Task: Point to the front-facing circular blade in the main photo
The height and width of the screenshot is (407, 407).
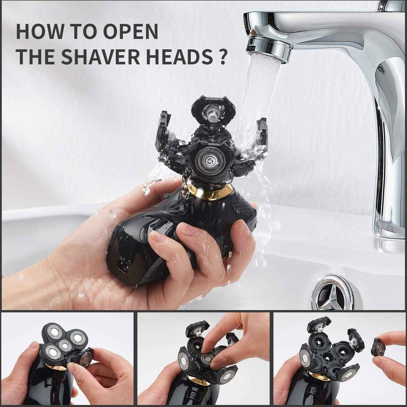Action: pos(209,160)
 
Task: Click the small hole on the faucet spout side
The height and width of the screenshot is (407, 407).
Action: pos(381,67)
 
